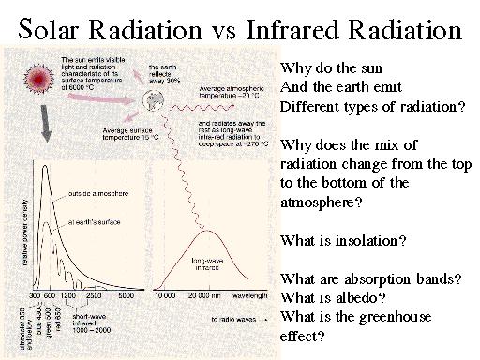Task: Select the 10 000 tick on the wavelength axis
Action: tap(164, 296)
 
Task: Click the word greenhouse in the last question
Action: tap(381, 317)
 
